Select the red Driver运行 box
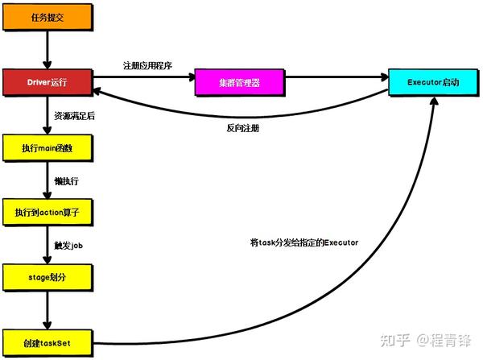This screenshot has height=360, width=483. point(48,81)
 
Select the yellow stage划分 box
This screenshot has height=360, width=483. point(48,276)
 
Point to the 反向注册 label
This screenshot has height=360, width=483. point(242,128)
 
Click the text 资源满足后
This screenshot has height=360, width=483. point(74,116)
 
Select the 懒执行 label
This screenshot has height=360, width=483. point(66,181)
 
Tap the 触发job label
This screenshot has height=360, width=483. point(68,245)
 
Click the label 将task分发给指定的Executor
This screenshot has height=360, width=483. point(304,242)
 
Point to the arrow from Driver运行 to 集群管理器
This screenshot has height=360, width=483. point(145,78)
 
